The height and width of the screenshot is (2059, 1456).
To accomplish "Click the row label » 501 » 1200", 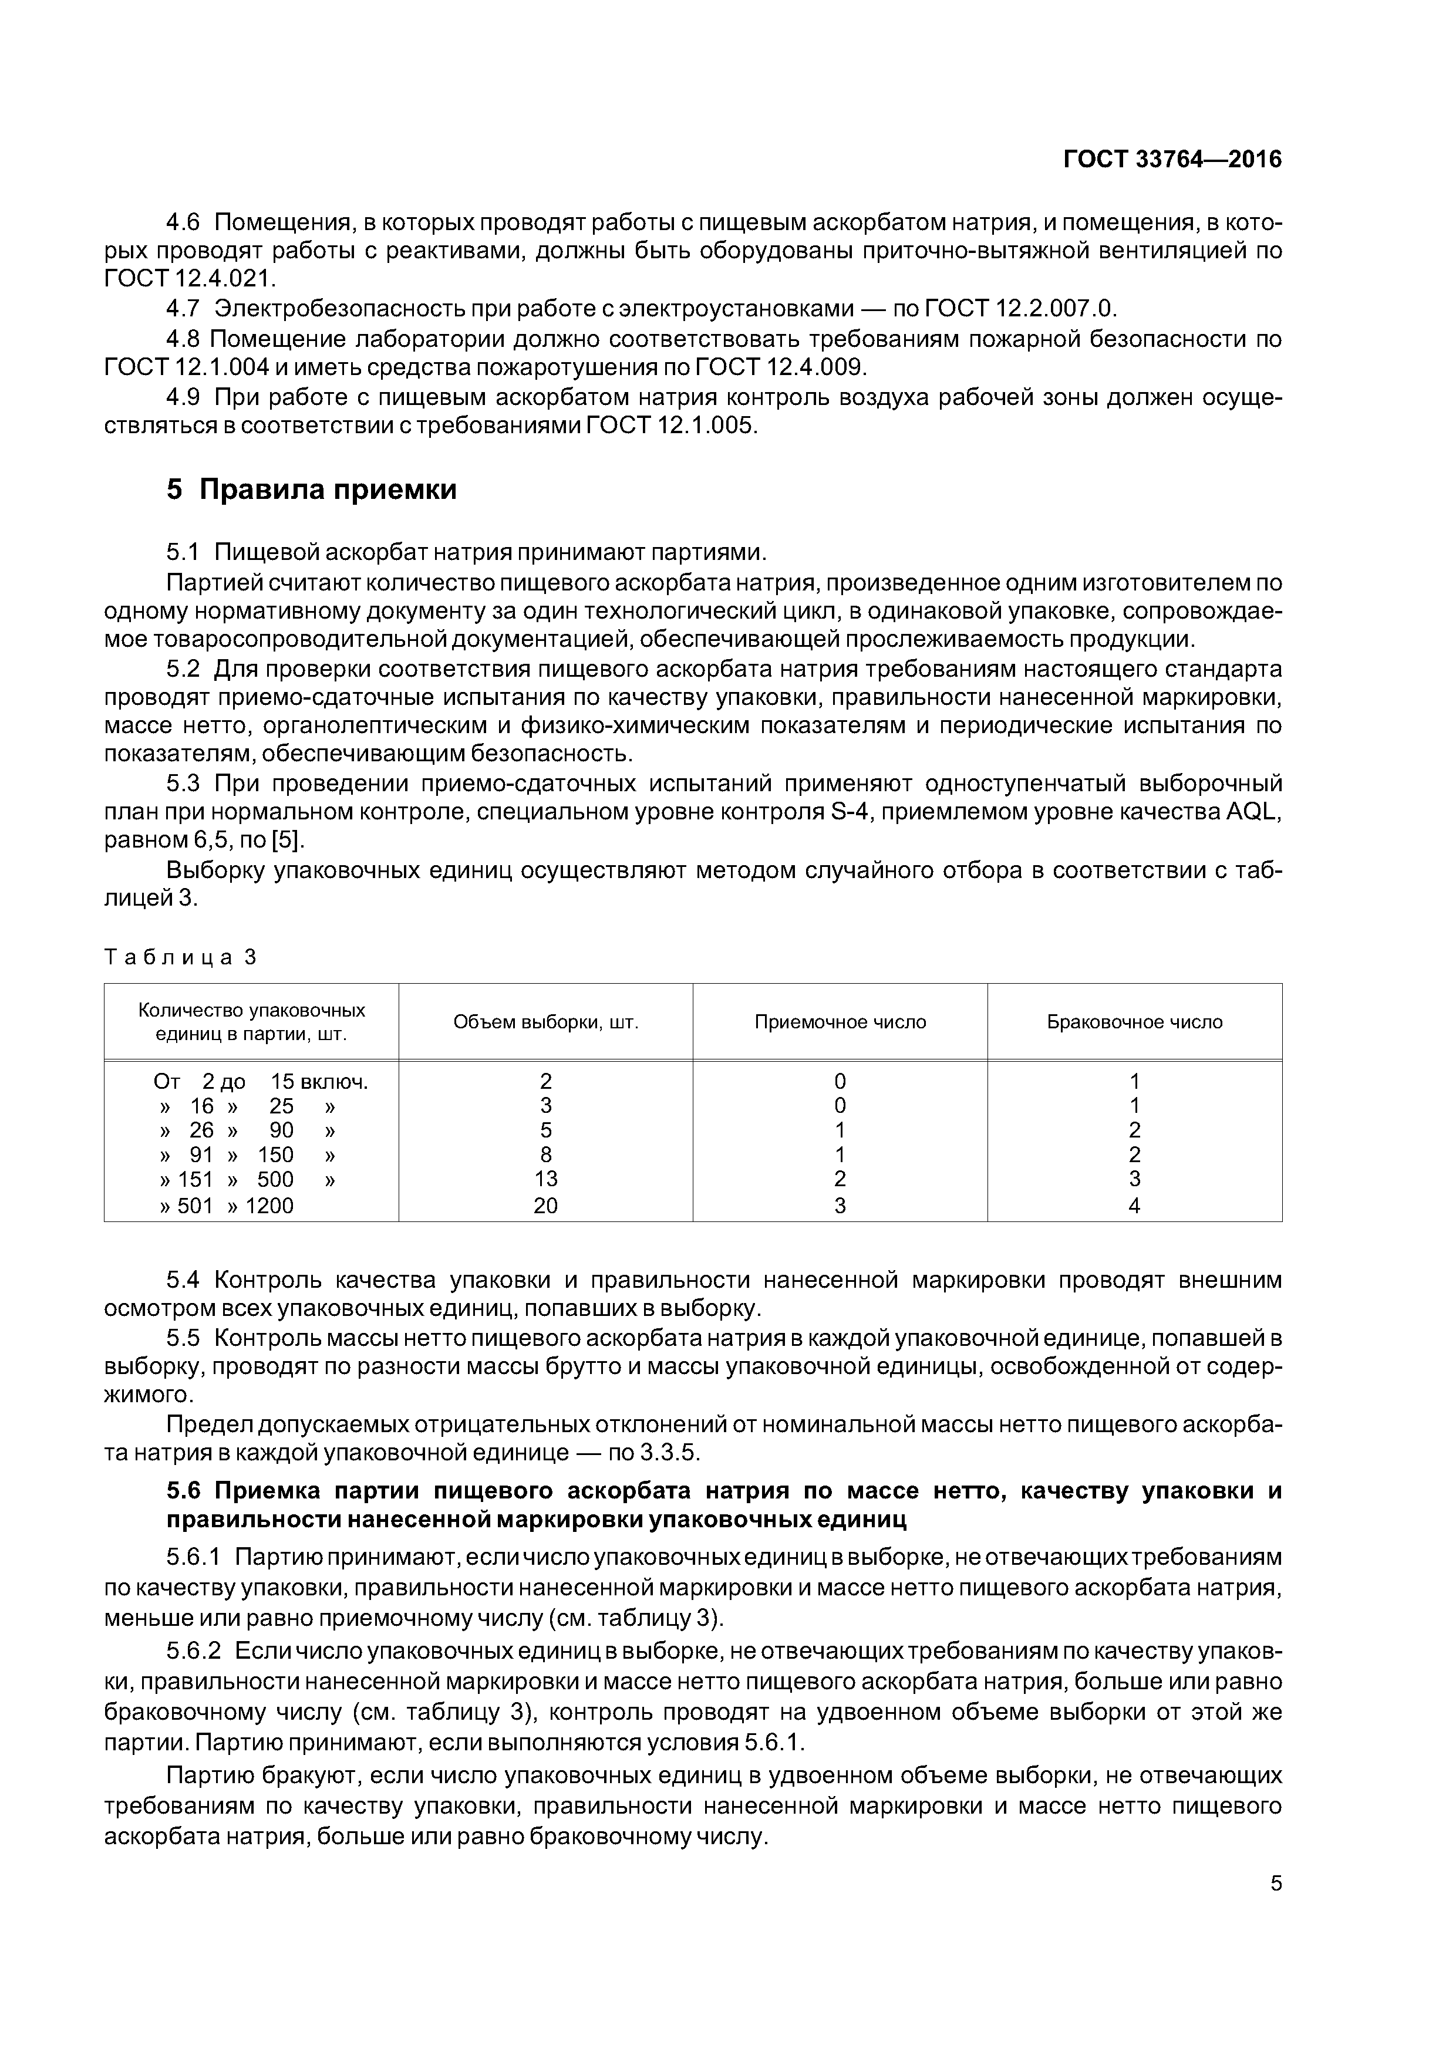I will tap(226, 1205).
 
